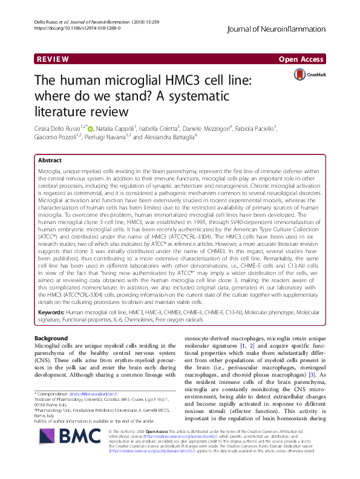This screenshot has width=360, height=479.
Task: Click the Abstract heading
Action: tap(50, 161)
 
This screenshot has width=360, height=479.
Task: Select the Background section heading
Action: tap(51, 338)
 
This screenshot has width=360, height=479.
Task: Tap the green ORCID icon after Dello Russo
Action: tap(91, 128)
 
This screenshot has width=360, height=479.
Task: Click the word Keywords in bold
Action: tap(51, 311)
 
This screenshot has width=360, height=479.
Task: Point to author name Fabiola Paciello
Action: tap(293, 128)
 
